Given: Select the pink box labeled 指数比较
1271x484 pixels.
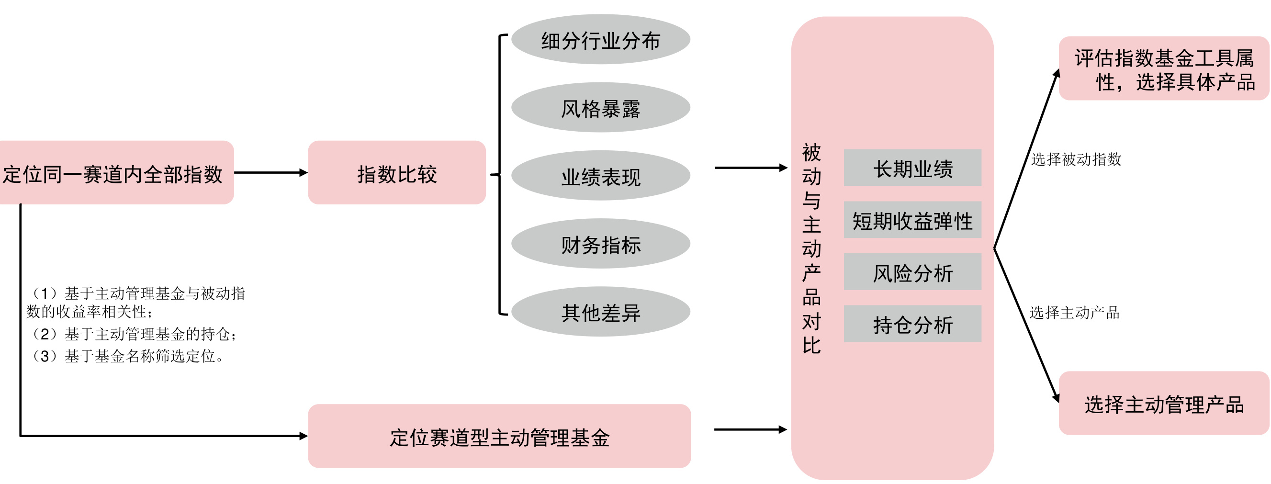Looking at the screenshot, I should [x=397, y=173].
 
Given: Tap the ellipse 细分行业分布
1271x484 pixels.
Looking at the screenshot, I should [x=600, y=39].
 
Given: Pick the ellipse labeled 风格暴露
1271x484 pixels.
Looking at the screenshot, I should [x=600, y=108].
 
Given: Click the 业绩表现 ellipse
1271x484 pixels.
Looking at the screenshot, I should [x=600, y=176].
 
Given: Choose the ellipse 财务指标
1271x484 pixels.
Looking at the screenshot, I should [x=600, y=244].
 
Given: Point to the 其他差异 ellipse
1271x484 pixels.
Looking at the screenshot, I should [x=600, y=312].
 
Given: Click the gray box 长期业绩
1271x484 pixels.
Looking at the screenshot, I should [x=912, y=168].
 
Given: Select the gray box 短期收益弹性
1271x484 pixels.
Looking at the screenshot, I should [x=912, y=220].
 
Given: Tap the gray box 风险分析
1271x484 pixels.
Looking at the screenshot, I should [x=912, y=272].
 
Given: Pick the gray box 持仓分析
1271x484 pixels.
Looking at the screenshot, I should [x=912, y=324].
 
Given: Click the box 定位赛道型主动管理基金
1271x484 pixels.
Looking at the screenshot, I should [x=499, y=436].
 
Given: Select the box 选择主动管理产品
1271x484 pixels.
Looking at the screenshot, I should [x=1163, y=404].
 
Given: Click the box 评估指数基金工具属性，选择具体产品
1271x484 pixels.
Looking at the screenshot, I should [x=1163, y=68].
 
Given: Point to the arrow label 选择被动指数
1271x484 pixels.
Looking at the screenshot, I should [x=1076, y=159].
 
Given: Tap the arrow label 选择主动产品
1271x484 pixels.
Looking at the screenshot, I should [x=1074, y=312].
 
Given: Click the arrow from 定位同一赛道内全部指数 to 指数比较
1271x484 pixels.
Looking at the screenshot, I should [x=270, y=173].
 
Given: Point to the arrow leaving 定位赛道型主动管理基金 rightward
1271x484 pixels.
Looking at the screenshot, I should [x=750, y=430].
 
